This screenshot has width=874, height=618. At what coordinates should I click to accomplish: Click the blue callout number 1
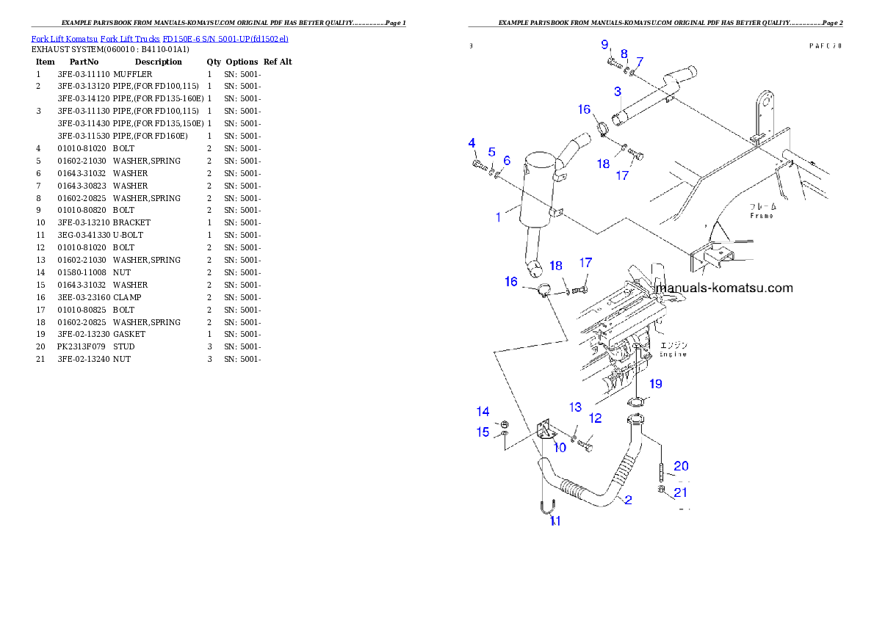(499, 217)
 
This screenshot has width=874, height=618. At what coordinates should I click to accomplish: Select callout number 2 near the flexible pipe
(628, 500)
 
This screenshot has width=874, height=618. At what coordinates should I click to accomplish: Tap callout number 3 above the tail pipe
(618, 92)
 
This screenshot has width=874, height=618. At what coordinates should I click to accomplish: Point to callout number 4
(472, 142)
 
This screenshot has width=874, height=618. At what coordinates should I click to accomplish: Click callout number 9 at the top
(604, 45)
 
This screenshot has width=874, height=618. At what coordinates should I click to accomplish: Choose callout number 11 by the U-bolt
(555, 521)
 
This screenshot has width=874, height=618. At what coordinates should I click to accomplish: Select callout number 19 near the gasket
(655, 383)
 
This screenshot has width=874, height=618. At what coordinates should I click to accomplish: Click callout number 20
(681, 465)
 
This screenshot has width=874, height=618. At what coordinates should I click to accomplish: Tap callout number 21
(681, 492)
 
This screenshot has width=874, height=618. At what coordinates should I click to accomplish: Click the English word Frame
(761, 216)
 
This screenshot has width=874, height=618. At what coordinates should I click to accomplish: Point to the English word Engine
(672, 354)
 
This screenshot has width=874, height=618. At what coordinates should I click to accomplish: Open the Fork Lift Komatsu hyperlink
(159, 38)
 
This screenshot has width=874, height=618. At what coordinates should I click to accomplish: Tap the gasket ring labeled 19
(636, 402)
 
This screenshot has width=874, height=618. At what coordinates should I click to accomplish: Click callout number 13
(575, 407)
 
